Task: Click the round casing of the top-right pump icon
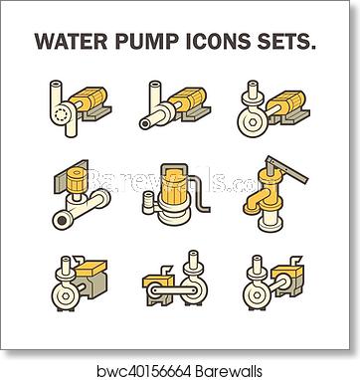(x=254, y=122)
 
